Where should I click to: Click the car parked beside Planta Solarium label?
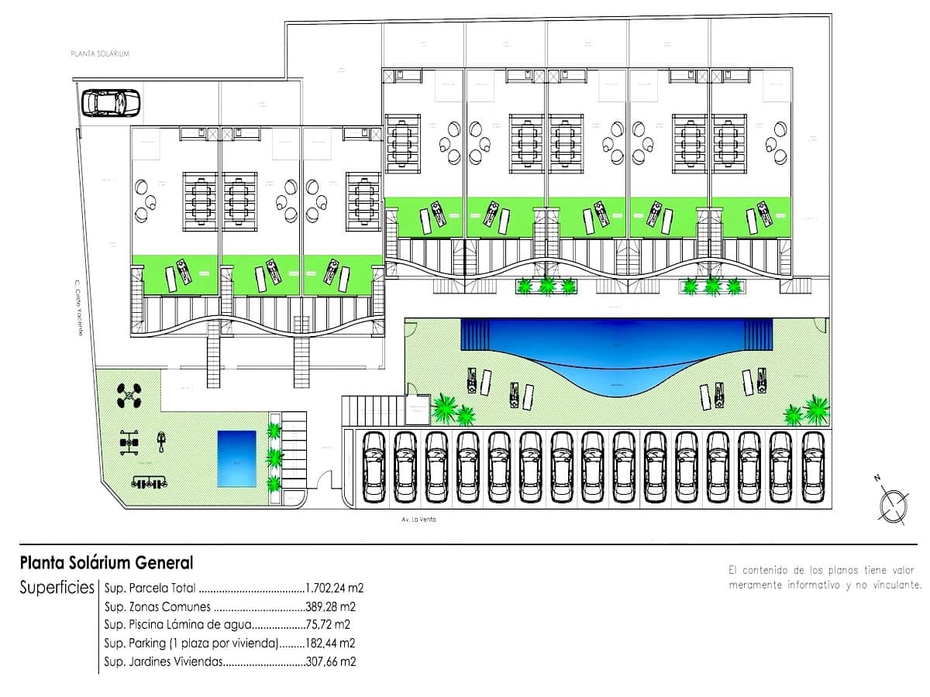[111, 101]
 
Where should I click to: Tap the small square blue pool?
[236, 458]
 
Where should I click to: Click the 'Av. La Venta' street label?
[418, 520]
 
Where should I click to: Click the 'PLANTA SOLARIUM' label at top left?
[99, 54]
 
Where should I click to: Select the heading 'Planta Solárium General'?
[107, 562]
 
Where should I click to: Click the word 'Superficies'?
[57, 587]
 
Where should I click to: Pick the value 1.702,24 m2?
[335, 588]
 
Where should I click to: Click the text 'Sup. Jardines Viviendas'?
[163, 661]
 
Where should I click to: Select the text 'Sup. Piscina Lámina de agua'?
[178, 624]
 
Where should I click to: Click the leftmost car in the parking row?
[374, 466]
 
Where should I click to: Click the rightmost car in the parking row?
[812, 466]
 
